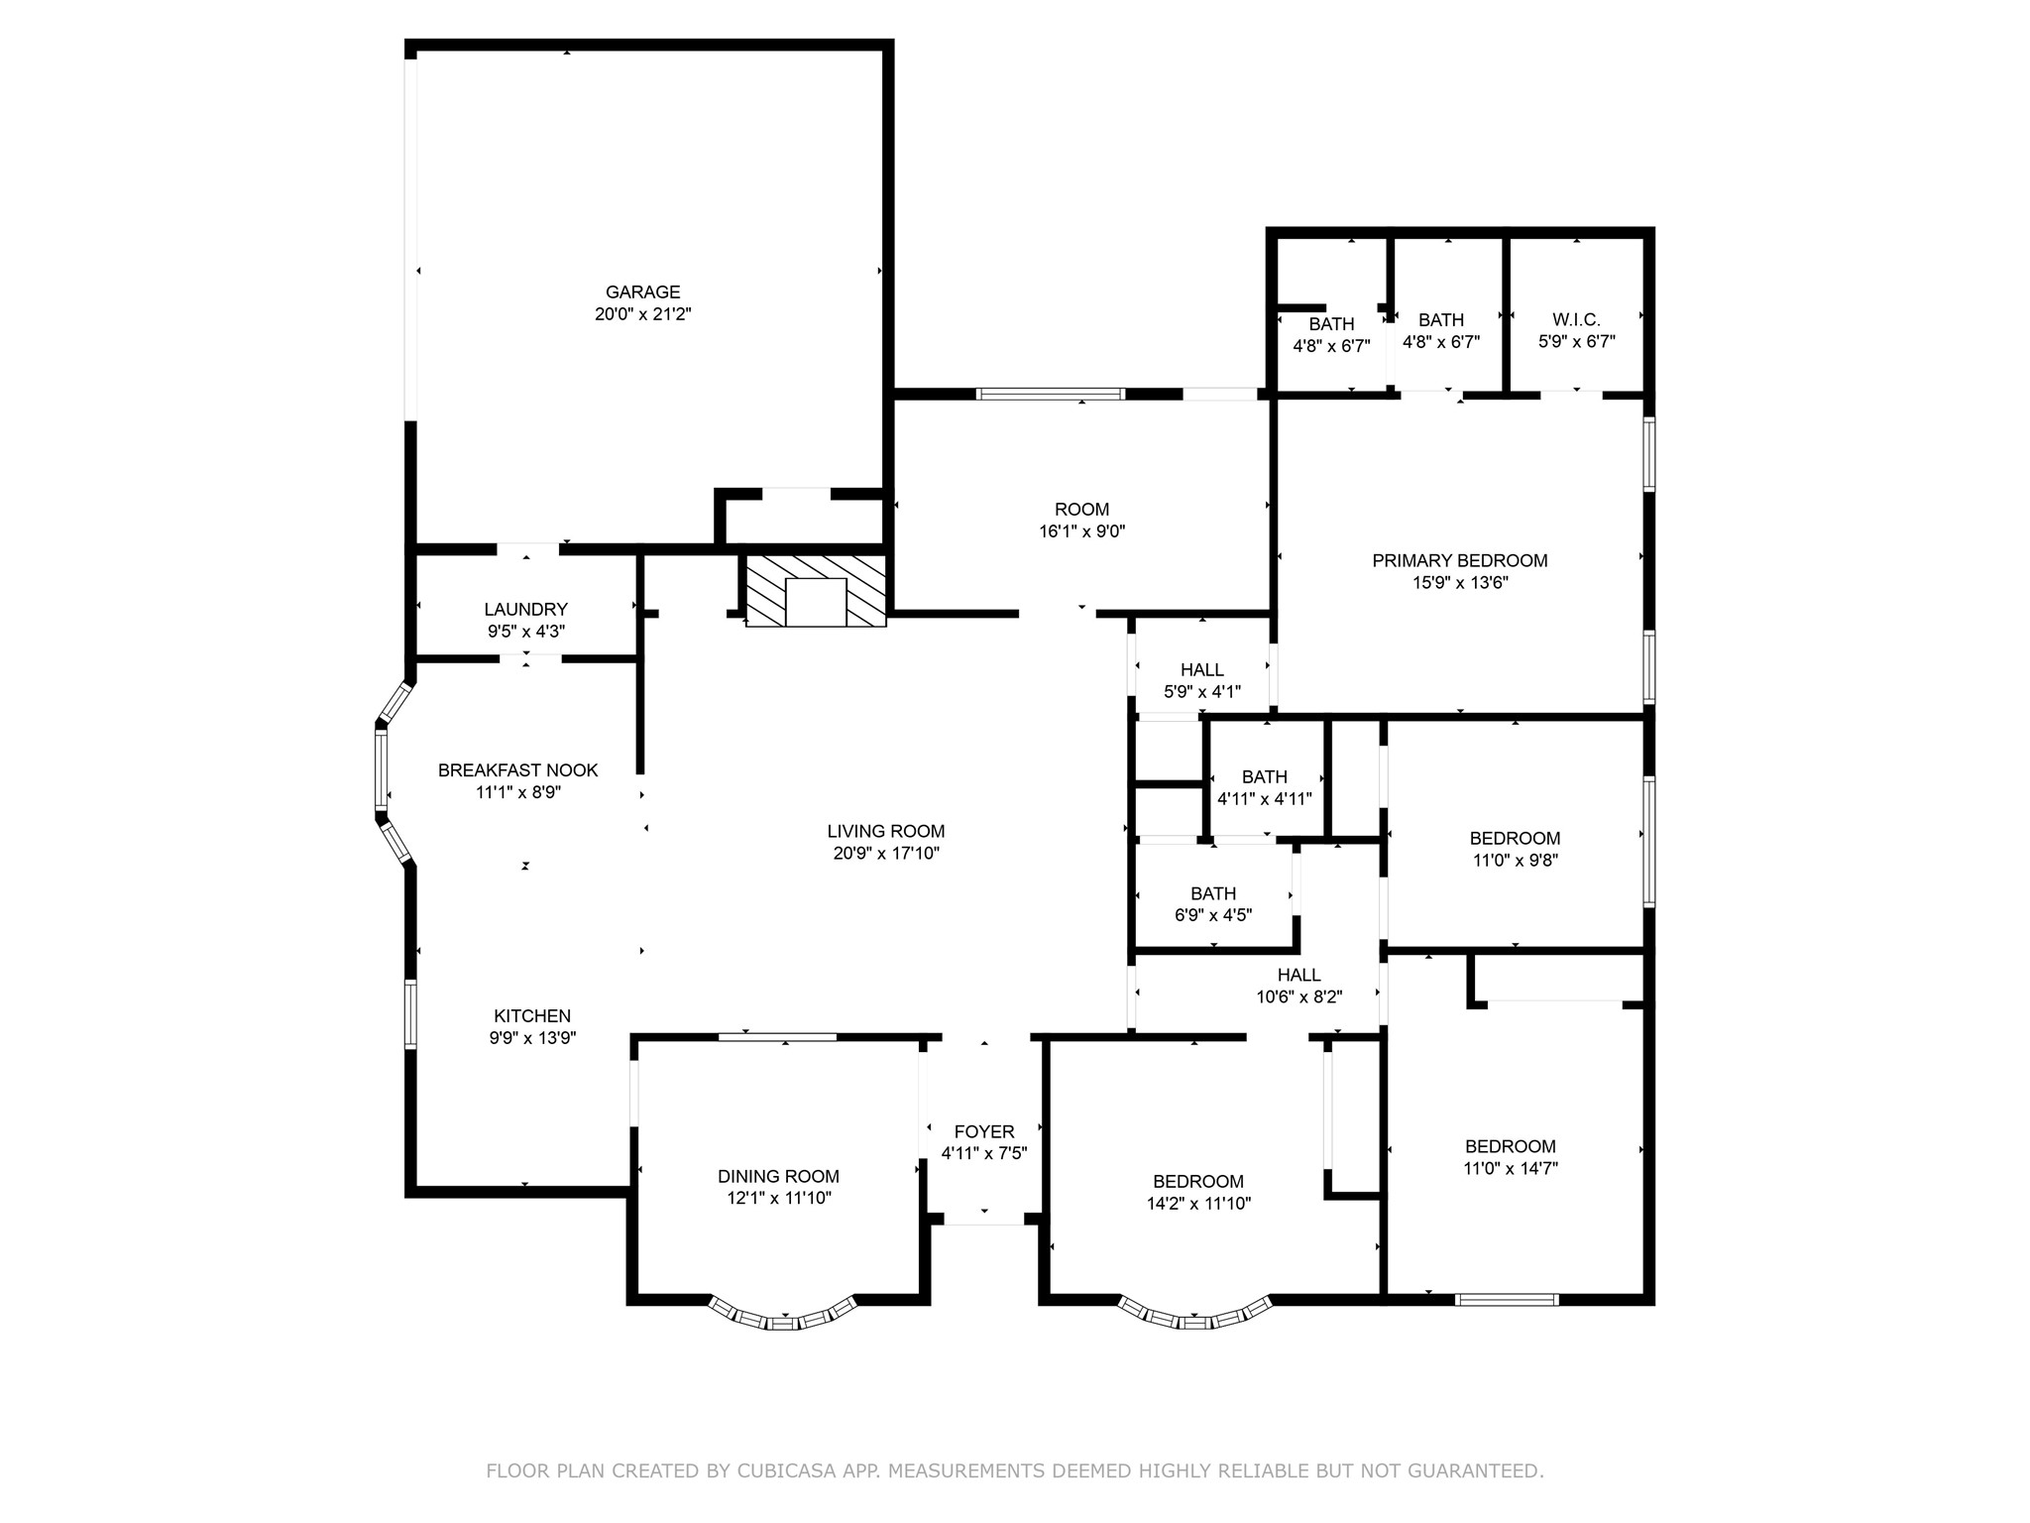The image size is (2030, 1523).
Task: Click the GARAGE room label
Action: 643,293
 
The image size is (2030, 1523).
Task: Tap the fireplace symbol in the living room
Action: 816,590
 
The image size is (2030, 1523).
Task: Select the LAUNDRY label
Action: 525,610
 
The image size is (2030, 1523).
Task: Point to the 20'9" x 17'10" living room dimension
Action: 886,853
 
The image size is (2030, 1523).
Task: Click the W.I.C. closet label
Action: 1576,320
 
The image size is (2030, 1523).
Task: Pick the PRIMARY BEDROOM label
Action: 1460,561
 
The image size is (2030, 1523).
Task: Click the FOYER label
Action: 984,1132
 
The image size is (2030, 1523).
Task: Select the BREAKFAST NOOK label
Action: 518,770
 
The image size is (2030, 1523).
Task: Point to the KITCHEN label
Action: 532,1016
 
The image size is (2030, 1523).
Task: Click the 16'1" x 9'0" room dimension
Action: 1081,531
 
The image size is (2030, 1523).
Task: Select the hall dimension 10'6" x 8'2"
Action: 1299,997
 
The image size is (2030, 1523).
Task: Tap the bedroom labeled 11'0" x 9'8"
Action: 1515,839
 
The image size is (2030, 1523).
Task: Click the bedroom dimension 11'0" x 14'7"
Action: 1511,1168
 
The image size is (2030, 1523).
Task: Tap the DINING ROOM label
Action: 778,1177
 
